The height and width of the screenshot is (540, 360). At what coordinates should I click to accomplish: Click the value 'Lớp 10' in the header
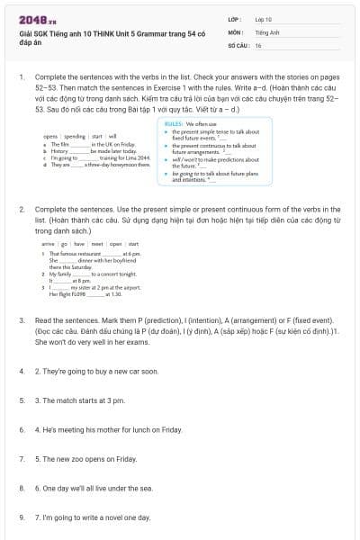pos(263,18)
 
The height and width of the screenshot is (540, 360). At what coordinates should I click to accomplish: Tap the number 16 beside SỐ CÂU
pos(258,44)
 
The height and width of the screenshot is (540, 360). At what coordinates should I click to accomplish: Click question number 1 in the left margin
pos(22,78)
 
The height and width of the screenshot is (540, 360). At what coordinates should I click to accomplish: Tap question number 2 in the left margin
pos(22,208)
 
